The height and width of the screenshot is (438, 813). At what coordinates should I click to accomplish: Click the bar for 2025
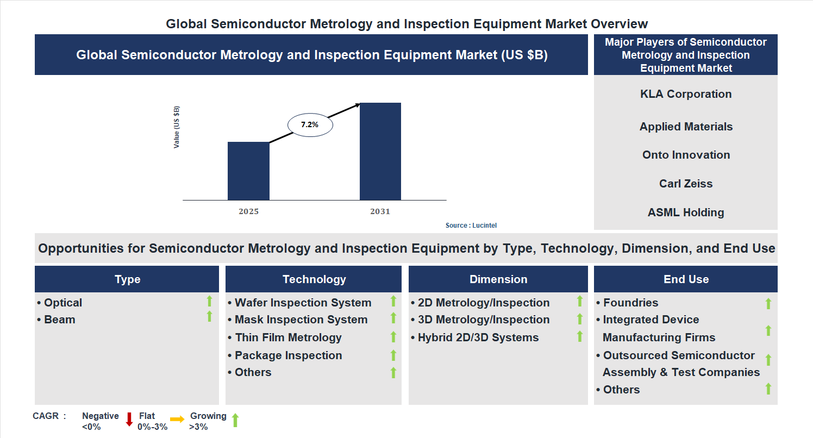pyautogui.click(x=248, y=171)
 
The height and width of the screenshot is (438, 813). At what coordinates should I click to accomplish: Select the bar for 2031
pyautogui.click(x=380, y=151)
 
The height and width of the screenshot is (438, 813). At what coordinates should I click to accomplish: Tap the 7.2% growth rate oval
pyautogui.click(x=310, y=124)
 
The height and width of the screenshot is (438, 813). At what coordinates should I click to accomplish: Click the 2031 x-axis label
pyautogui.click(x=380, y=211)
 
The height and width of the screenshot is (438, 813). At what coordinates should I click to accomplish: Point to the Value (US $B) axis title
pyautogui.click(x=177, y=127)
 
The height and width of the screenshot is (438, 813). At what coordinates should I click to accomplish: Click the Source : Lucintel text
pyautogui.click(x=471, y=226)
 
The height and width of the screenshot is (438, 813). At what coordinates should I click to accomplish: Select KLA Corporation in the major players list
pyautogui.click(x=686, y=94)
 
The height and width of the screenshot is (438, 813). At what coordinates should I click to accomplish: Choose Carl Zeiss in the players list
pyautogui.click(x=686, y=184)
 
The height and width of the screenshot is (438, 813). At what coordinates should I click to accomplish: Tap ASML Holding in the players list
pyautogui.click(x=686, y=212)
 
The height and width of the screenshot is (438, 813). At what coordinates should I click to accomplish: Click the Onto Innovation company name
pyautogui.click(x=686, y=155)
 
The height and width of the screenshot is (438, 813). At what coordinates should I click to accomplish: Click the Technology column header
pyautogui.click(x=314, y=279)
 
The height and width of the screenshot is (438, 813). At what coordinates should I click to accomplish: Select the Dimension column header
pyautogui.click(x=498, y=279)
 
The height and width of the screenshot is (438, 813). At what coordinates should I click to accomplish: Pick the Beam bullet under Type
pyautogui.click(x=59, y=320)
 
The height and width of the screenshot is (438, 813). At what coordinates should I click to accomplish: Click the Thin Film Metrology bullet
pyautogui.click(x=288, y=337)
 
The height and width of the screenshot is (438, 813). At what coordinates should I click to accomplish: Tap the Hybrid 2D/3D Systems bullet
pyautogui.click(x=478, y=337)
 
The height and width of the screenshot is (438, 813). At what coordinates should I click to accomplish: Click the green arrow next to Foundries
pyautogui.click(x=768, y=303)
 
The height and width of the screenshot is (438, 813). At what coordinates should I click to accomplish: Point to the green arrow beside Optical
pyautogui.click(x=209, y=302)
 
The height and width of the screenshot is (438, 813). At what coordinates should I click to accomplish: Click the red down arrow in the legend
pyautogui.click(x=129, y=420)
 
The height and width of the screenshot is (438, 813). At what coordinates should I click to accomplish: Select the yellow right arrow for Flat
pyautogui.click(x=177, y=420)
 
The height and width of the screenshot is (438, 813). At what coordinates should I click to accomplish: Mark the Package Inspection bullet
pyautogui.click(x=288, y=355)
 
